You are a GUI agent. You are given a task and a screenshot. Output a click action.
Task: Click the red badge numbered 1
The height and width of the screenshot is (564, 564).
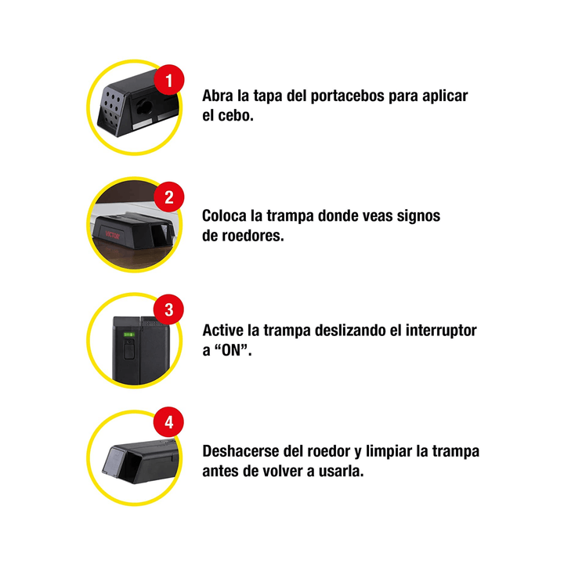coord(169,81)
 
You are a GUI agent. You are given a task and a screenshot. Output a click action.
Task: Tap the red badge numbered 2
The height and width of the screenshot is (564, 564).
coord(169,197)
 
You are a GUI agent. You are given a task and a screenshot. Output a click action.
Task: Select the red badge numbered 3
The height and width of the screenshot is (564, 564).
coord(169,310)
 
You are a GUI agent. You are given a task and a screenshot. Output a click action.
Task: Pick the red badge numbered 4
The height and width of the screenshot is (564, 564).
coord(169,424)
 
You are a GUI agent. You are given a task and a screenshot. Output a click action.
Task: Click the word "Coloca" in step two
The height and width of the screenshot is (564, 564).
coord(228,215)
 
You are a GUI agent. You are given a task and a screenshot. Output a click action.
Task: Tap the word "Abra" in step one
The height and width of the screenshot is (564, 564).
coord(219,96)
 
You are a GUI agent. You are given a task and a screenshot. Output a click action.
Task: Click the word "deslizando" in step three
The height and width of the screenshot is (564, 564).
coord(336,331)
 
